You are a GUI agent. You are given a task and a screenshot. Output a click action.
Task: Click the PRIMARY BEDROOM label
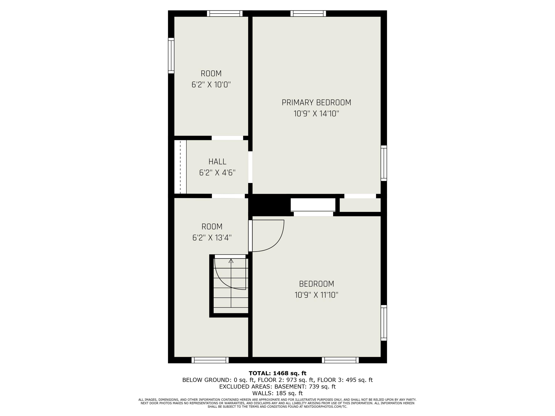click(316, 103)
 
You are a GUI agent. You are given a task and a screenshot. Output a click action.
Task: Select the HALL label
click(217, 161)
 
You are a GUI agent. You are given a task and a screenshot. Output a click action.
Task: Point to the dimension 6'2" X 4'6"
click(217, 173)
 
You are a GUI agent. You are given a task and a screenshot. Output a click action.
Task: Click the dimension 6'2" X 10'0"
click(211, 85)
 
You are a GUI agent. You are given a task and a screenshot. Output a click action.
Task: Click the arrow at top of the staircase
click(231, 261)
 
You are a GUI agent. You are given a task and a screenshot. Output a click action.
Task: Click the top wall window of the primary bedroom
click(308, 13)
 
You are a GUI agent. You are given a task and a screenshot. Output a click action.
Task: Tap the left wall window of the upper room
click(171, 56)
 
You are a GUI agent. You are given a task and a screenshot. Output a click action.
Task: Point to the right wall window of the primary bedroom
click(384, 163)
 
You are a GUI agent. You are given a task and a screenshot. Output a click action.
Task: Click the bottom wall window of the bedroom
click(340, 360)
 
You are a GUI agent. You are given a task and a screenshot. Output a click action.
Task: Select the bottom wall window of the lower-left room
click(210, 360)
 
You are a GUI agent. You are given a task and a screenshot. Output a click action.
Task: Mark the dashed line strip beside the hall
click(180, 167)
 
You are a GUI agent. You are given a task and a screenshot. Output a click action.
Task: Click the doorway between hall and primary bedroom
click(250, 167)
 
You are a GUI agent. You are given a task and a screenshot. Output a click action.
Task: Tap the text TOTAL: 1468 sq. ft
click(277, 373)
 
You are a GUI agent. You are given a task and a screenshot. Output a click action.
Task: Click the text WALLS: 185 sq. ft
click(277, 393)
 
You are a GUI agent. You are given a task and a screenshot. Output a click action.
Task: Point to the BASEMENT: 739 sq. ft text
click(305, 387)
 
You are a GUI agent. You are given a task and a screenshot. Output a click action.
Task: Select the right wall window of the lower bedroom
click(384, 323)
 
